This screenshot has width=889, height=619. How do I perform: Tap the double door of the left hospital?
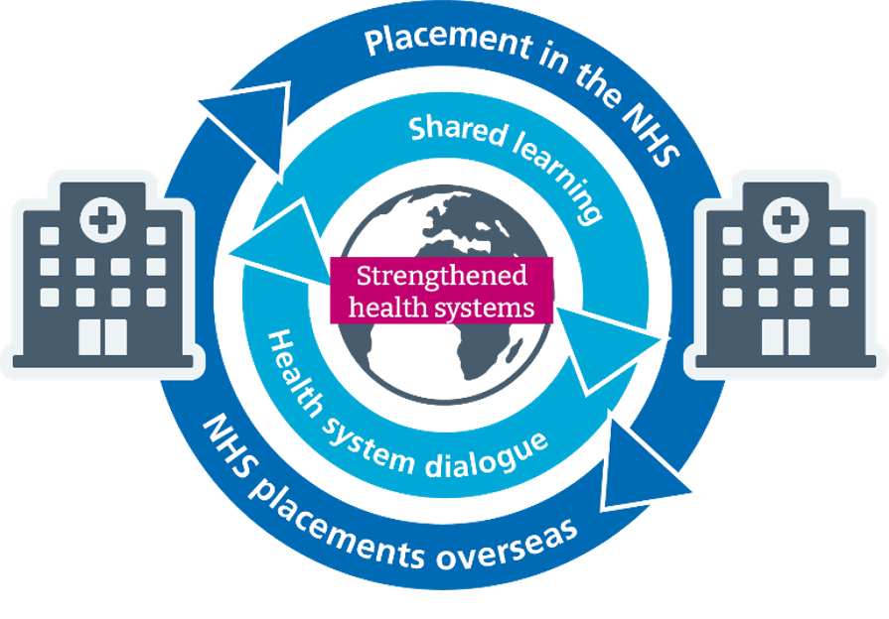(x=102, y=333)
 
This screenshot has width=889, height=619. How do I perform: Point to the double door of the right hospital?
(x=785, y=333)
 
